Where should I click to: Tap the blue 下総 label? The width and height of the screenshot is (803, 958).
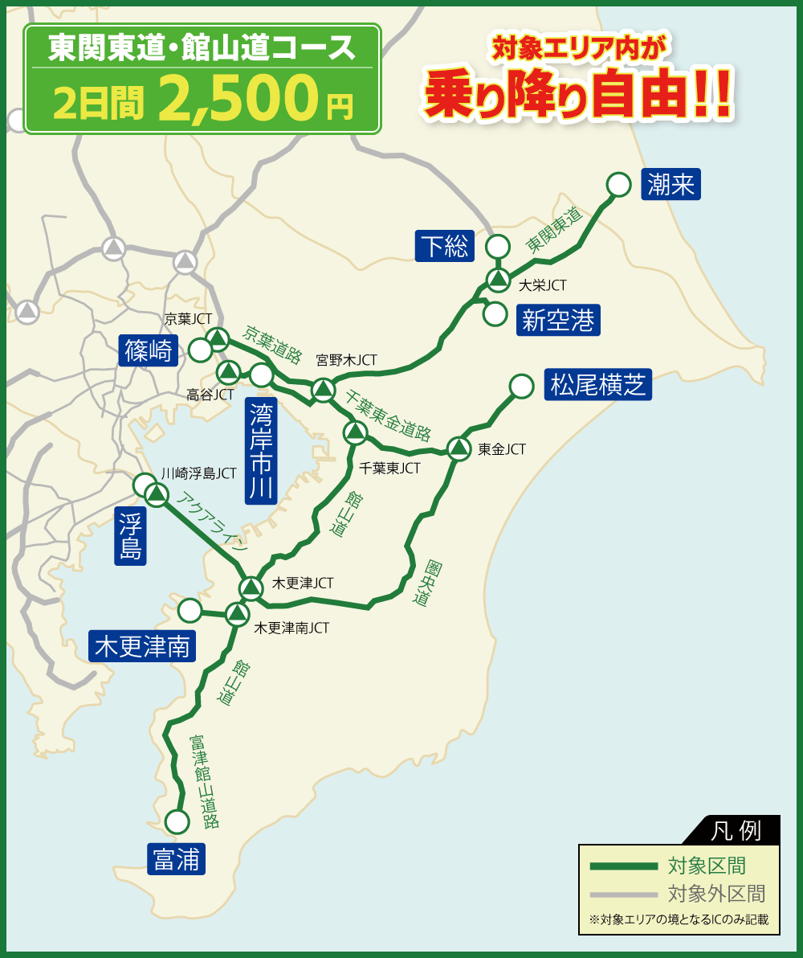pyautogui.click(x=444, y=246)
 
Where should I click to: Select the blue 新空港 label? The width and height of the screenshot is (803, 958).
pyautogui.click(x=557, y=321)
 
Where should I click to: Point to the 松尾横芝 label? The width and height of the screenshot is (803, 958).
pyautogui.click(x=597, y=385)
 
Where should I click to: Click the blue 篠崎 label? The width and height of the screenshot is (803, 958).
pyautogui.click(x=149, y=350)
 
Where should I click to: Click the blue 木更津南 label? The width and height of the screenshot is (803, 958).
pyautogui.click(x=143, y=646)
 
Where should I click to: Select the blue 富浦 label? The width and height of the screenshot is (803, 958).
pyautogui.click(x=176, y=860)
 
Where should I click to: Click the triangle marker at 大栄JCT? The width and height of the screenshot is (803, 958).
pyautogui.click(x=499, y=280)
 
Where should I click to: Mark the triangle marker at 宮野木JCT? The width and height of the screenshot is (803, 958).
pyautogui.click(x=323, y=389)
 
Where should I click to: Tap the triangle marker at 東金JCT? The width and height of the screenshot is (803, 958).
pyautogui.click(x=459, y=448)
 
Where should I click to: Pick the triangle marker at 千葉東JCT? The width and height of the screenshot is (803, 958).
pyautogui.click(x=354, y=432)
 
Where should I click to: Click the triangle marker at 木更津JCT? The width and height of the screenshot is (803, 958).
pyautogui.click(x=251, y=587)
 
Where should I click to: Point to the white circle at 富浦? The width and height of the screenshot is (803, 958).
pyautogui.click(x=177, y=821)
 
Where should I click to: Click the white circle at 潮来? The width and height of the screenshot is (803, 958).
pyautogui.click(x=618, y=185)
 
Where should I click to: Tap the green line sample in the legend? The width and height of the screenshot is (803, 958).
pyautogui.click(x=623, y=866)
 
